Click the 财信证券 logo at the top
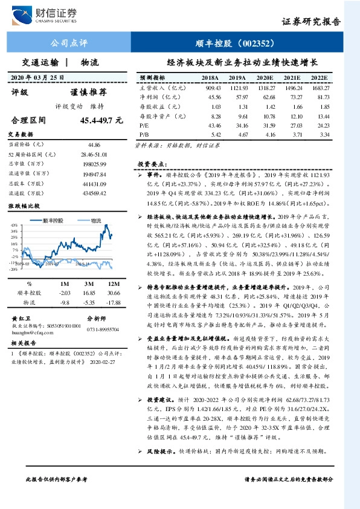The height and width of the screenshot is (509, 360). click(49, 14)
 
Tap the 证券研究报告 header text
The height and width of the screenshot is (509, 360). click(311, 21)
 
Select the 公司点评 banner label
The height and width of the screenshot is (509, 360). click(68, 44)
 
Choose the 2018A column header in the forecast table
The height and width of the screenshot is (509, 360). click(210, 79)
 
